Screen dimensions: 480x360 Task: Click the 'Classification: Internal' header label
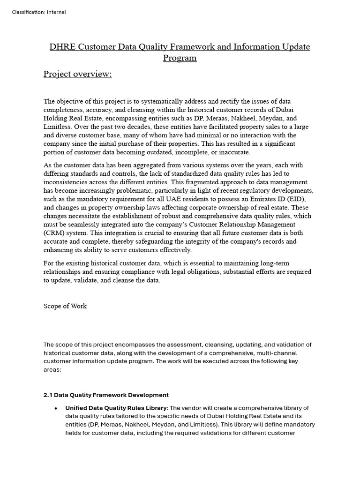[x=39, y=12]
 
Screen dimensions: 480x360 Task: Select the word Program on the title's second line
[x=180, y=58]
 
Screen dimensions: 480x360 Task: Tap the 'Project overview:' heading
[x=77, y=74]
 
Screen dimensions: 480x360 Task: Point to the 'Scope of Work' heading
[x=65, y=306]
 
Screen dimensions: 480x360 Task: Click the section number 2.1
[x=49, y=395]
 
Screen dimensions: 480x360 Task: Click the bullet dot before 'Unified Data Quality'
[x=56, y=408]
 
